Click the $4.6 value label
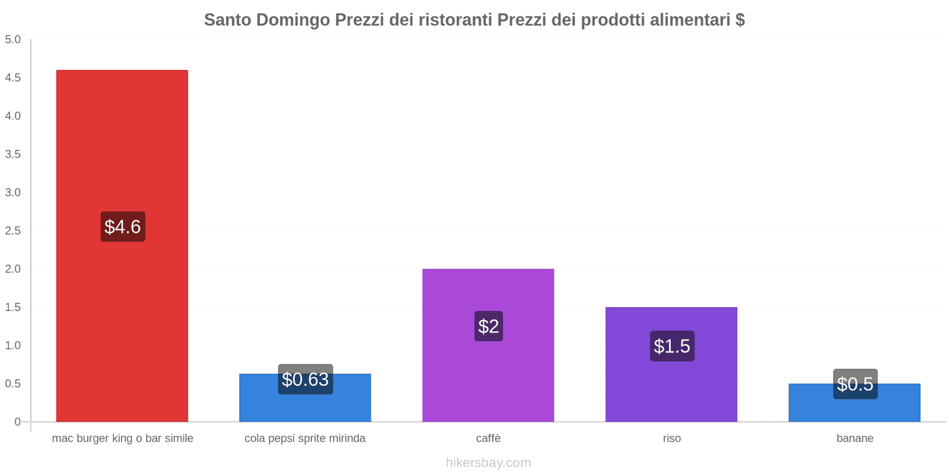(x=123, y=226)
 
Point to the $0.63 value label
(x=305, y=379)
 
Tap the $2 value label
(x=489, y=326)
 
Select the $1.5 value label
(x=672, y=346)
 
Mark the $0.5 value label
(x=855, y=384)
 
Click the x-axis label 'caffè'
(x=488, y=438)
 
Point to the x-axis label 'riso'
(x=672, y=438)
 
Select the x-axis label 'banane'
(x=855, y=438)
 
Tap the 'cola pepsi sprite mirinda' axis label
(x=305, y=438)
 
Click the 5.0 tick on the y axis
(x=13, y=40)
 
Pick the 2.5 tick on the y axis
(x=13, y=230)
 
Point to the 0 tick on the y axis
(x=17, y=422)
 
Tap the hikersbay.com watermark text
(x=488, y=463)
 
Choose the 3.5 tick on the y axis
(x=13, y=154)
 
